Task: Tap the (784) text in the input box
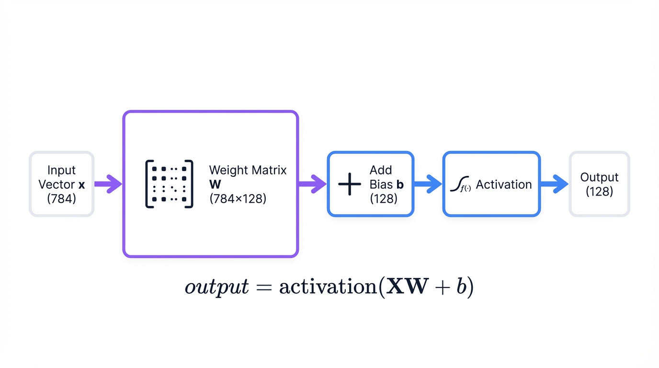coord(61,198)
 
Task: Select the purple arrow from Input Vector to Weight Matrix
coord(108,184)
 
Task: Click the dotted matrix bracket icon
coord(169,184)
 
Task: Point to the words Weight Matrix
coord(248,170)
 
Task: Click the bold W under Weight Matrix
coord(215,184)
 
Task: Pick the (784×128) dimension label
coord(238,198)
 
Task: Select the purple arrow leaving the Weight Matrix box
coord(312,184)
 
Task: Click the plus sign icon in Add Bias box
coord(350,184)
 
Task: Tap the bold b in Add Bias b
coord(400,184)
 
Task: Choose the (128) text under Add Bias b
coord(384,198)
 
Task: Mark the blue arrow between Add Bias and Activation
coord(427,184)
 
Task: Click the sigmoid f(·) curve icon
coord(461,185)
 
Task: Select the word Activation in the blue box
coord(504,184)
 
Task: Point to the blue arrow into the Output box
coord(554,184)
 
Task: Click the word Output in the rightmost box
coord(599,177)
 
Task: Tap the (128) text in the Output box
coord(599,192)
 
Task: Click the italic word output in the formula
coord(217,287)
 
